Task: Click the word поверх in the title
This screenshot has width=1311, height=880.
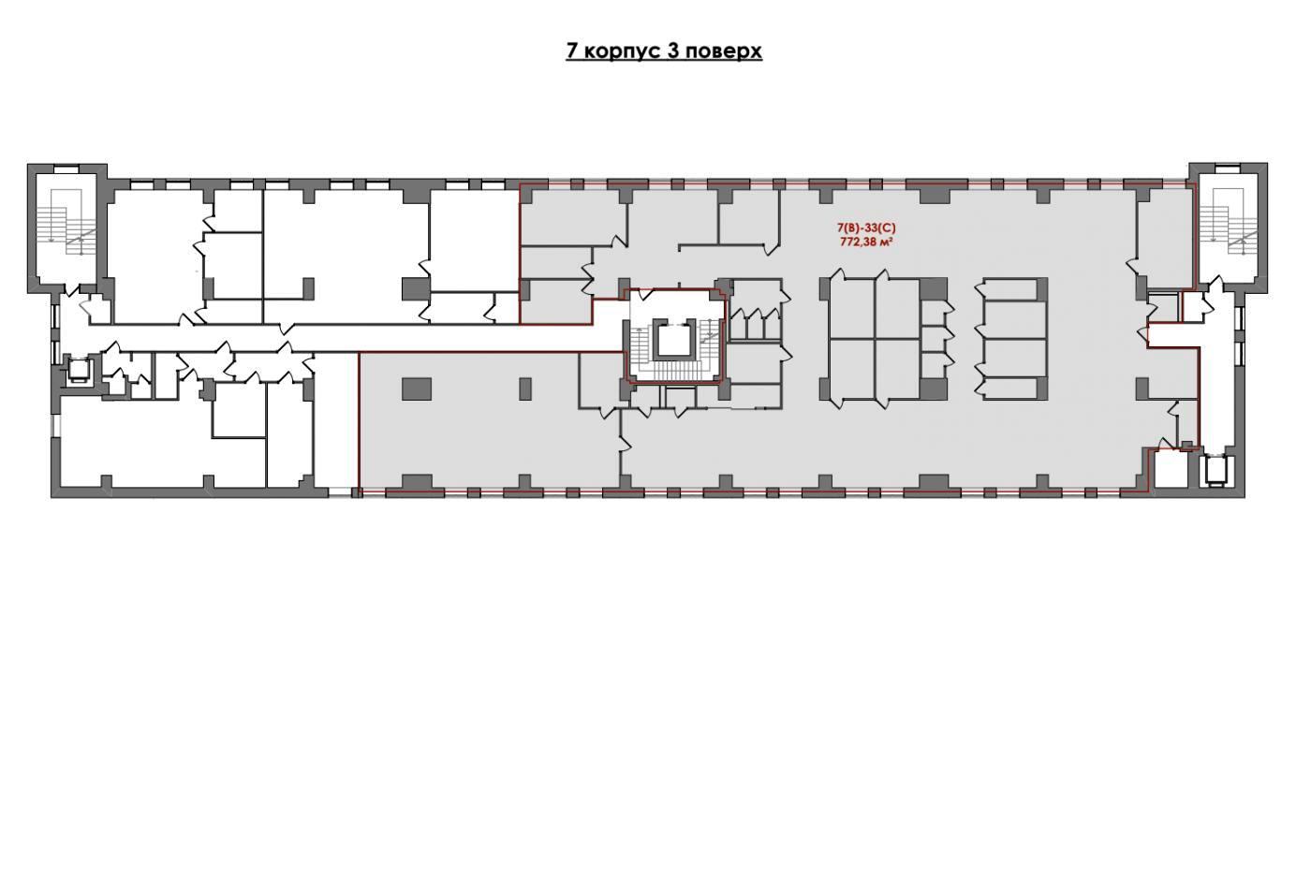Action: [x=722, y=51]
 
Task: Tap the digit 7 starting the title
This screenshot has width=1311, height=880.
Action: [x=572, y=51]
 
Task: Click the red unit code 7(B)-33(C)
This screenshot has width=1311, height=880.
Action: [x=866, y=228]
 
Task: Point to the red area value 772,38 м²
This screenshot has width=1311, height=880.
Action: [x=866, y=242]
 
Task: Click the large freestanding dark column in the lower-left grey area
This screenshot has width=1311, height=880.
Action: [x=417, y=389]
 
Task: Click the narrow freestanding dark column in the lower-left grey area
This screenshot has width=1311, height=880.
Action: [x=525, y=389]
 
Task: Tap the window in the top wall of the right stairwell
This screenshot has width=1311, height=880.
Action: [x=1228, y=169]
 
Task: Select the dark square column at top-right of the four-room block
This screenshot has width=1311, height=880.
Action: [x=933, y=289]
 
